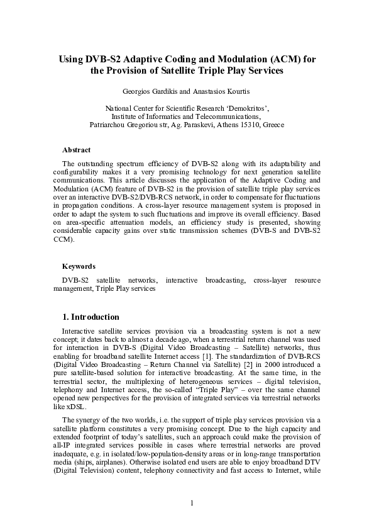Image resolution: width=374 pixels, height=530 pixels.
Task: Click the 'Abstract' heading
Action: (x=76, y=150)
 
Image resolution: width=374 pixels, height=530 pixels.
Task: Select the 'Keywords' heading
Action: (x=79, y=267)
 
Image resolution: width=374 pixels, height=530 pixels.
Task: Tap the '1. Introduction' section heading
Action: (x=91, y=317)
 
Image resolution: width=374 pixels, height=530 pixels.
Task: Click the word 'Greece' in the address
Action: (x=272, y=125)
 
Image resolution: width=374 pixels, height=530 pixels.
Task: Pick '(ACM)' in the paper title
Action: (x=280, y=59)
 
